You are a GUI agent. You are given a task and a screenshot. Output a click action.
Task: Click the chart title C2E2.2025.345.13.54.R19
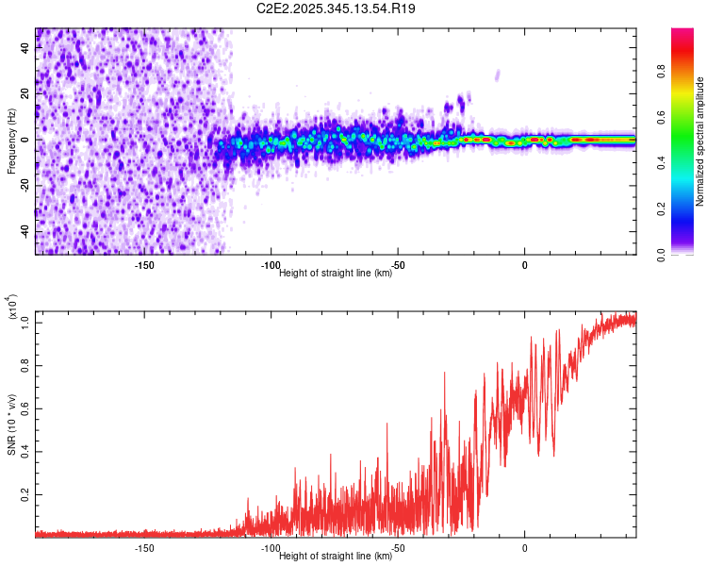pyautogui.click(x=337, y=8)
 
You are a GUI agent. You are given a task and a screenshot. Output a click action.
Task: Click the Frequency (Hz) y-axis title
pyautogui.click(x=11, y=141)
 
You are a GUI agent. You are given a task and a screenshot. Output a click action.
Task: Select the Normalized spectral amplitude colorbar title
pyautogui.click(x=700, y=141)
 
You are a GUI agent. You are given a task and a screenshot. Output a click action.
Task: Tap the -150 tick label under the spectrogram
pyautogui.click(x=144, y=266)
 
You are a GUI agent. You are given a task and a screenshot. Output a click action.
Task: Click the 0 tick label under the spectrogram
pyautogui.click(x=525, y=266)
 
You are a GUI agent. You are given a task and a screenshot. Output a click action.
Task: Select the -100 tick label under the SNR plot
pyautogui.click(x=271, y=548)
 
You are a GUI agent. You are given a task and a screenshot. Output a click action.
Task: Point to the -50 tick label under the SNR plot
pyautogui.click(x=399, y=548)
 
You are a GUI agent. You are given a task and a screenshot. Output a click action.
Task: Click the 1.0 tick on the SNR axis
pyautogui.click(x=25, y=323)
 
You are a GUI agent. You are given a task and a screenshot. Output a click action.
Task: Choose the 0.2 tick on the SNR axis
pyautogui.click(x=25, y=493)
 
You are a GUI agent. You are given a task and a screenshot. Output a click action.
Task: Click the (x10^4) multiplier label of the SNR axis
pyautogui.click(x=12, y=307)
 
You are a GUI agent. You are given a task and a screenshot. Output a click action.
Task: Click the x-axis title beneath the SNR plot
pyautogui.click(x=336, y=557)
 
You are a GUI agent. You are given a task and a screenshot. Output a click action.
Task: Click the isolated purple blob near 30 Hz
pyautogui.click(x=498, y=75)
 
